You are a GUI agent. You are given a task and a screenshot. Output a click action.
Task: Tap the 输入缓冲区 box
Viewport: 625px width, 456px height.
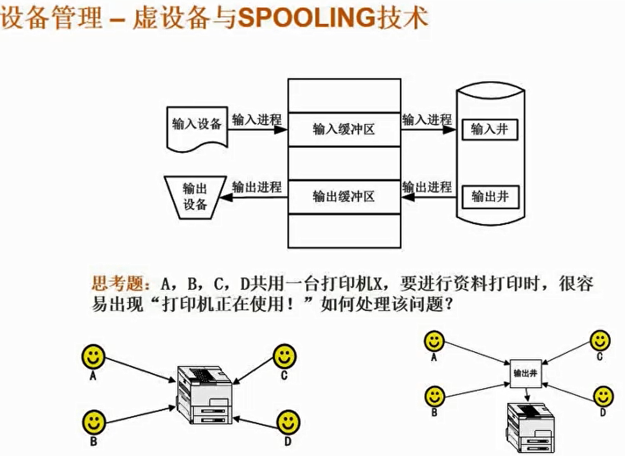pos(344,130)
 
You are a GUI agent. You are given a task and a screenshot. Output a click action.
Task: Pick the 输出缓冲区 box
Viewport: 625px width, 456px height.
pos(344,197)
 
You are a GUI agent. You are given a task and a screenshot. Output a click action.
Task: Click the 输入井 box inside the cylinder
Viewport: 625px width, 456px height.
pos(490,130)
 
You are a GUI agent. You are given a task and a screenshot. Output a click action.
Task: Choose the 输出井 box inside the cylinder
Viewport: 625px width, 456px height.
pos(490,197)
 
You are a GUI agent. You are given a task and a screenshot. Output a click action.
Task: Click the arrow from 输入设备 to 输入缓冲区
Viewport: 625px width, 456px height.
pos(257,130)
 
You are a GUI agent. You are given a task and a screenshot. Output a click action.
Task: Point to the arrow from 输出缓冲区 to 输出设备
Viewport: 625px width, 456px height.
pos(257,197)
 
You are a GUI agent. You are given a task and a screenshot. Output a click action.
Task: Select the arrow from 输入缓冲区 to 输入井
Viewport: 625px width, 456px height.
pos(428,130)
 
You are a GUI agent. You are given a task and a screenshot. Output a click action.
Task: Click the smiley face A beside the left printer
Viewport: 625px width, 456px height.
pos(93,357)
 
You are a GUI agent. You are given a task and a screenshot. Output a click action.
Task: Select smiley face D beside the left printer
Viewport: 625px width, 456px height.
pos(288,422)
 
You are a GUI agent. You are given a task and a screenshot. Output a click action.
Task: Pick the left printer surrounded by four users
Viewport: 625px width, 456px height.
pos(205,395)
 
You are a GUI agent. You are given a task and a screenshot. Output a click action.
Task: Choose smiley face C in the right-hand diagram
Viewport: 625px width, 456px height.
pos(600,341)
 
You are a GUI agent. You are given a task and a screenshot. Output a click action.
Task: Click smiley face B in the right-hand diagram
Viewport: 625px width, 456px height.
pos(434,396)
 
